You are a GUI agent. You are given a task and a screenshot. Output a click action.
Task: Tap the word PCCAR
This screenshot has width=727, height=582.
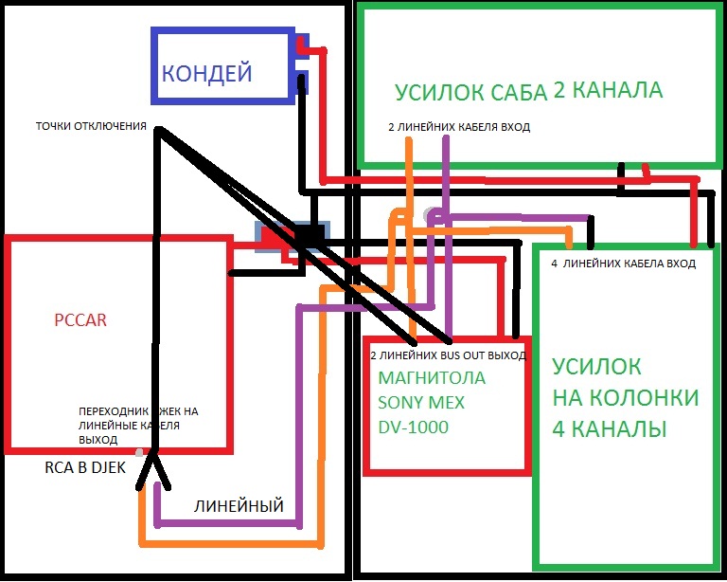point(80,320)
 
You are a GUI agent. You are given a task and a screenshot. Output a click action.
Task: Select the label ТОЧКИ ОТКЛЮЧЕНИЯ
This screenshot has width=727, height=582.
point(91,126)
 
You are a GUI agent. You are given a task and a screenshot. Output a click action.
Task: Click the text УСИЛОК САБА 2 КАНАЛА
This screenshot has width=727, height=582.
point(529,92)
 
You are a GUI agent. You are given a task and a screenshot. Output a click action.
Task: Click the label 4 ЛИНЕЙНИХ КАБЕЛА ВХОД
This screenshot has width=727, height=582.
point(623,264)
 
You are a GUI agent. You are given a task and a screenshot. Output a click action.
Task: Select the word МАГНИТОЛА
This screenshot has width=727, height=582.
point(431,378)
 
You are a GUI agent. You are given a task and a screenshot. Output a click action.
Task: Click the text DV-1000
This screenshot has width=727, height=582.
point(413,427)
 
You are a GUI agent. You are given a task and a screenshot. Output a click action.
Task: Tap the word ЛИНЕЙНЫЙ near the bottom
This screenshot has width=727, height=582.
point(239,506)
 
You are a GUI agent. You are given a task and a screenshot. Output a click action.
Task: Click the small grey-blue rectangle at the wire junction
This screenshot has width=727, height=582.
point(293,235)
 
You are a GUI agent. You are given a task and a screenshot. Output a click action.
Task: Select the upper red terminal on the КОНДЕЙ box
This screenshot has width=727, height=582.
point(302,45)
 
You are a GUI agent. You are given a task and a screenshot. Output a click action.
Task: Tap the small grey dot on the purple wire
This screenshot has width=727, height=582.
point(431,214)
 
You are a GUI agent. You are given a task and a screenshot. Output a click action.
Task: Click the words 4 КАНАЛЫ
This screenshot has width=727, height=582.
point(610,429)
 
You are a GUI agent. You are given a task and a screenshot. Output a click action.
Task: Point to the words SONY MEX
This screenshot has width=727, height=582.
point(421,403)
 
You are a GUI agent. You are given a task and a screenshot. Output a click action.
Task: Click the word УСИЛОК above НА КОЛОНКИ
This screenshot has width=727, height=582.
point(597,367)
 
